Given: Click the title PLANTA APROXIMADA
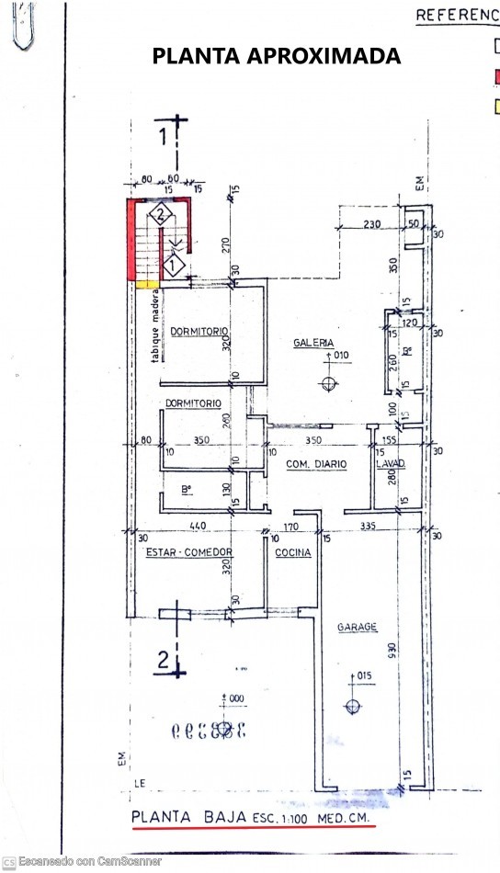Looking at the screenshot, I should (276, 56).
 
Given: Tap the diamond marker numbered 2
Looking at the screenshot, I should (160, 215).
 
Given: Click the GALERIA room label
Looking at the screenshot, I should (313, 342).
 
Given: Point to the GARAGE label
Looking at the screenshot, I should (357, 627).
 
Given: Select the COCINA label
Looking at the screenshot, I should (293, 552).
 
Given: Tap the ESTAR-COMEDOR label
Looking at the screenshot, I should (187, 552).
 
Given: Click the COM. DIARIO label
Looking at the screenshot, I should (316, 465).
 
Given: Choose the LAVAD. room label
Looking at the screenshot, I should (391, 465).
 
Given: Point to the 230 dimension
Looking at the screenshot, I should (371, 223).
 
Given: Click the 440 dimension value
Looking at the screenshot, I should (197, 526).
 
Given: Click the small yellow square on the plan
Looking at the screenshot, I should (143, 285).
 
